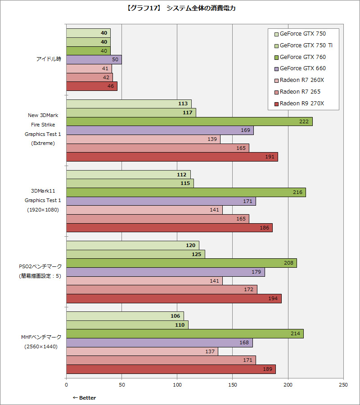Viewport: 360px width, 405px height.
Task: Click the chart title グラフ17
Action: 180,8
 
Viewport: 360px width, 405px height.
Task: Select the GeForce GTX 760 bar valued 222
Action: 189,121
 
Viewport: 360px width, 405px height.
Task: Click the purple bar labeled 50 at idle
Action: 94,59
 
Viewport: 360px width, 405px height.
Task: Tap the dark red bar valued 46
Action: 91,86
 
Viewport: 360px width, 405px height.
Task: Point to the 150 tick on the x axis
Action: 232,385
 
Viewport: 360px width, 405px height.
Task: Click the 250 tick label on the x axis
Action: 343,385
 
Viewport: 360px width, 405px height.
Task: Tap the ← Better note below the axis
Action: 84,398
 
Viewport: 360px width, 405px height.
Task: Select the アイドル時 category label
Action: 49,59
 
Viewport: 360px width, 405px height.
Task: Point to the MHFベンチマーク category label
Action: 40,337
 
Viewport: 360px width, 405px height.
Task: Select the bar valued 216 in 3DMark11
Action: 186,192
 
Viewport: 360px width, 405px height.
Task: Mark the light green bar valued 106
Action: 125,316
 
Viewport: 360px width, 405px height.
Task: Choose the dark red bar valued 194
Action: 174,298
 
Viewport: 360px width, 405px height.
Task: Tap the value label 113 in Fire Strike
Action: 183,104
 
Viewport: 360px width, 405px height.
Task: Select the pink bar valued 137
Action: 142,351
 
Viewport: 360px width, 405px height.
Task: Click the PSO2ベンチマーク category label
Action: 40,267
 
